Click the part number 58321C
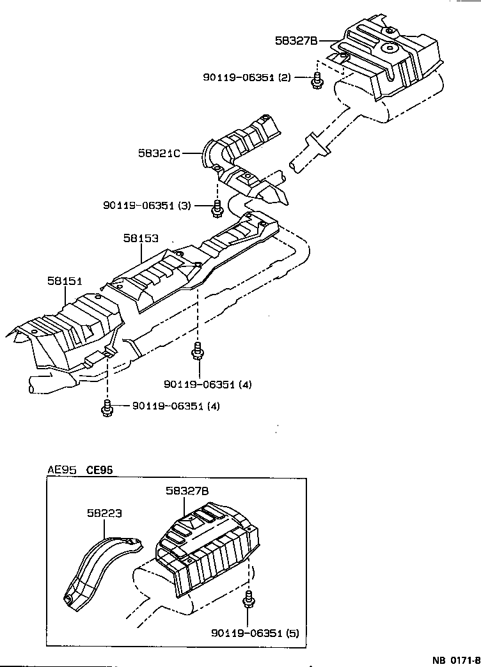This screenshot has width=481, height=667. point(159,153)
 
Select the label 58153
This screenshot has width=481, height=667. point(141,238)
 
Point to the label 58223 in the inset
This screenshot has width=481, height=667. point(104,512)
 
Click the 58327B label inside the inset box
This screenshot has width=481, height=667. point(187,491)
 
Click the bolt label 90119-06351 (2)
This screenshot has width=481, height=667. point(247,77)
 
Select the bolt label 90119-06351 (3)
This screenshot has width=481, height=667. point(147,205)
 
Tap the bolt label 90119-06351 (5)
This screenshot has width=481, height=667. point(255,633)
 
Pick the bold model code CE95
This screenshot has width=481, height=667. point(99,470)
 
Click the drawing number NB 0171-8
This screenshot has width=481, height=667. point(455,659)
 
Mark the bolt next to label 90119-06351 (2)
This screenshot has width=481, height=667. point(317,82)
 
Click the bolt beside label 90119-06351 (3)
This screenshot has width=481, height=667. point(217,207)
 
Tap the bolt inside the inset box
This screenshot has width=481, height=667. point(248,602)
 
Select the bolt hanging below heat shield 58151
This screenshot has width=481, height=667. point(107,408)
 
